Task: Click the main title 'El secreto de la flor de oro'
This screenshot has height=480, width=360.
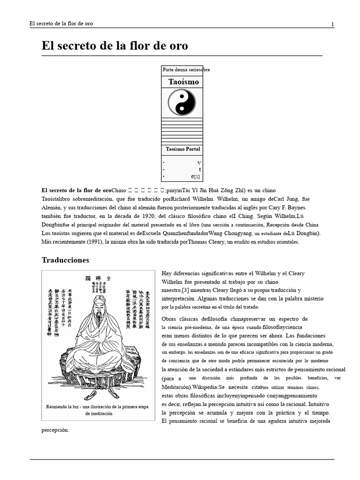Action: pos(115,46)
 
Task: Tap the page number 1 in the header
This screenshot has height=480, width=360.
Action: pos(332,24)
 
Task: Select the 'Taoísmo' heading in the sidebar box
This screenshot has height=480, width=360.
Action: pos(183,82)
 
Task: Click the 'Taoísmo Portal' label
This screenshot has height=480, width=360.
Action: pos(183,149)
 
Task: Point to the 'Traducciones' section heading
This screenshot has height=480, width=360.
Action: pos(65,260)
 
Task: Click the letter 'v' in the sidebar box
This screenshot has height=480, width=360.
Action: pos(199,163)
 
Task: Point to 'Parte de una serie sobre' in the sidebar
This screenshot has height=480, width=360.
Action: pos(186,70)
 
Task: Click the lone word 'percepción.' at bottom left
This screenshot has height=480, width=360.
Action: pos(55,429)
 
